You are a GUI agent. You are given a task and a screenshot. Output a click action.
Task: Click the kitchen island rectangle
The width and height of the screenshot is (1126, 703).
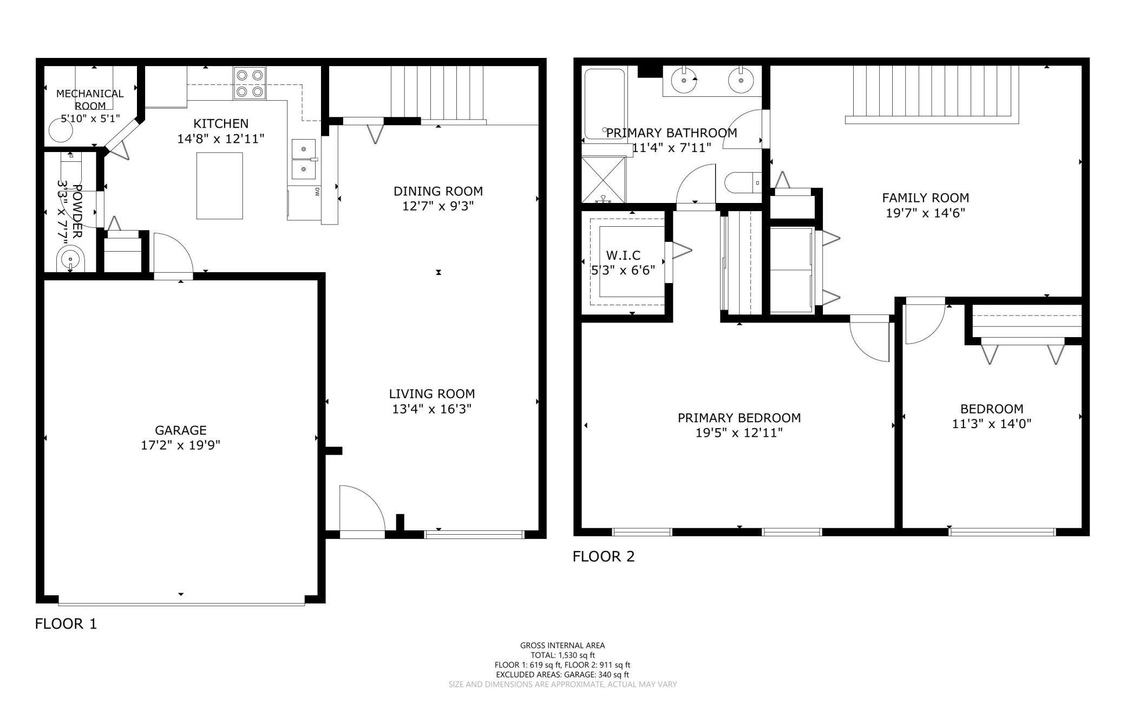pyautogui.click(x=219, y=186)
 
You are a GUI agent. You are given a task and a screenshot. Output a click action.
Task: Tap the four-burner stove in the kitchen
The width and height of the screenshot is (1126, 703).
pyautogui.click(x=250, y=83)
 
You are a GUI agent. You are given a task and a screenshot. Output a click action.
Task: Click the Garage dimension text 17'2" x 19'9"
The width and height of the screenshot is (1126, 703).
pyautogui.click(x=180, y=445)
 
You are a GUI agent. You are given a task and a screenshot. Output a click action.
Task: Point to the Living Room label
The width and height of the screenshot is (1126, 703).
pyautogui.click(x=431, y=394)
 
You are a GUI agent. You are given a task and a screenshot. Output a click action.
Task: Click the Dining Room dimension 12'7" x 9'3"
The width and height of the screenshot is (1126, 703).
pyautogui.click(x=438, y=206)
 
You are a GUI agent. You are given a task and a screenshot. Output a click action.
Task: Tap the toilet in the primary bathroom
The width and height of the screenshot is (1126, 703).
pyautogui.click(x=742, y=183)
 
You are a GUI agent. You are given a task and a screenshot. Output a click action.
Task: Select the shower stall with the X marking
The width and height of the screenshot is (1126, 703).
pyautogui.click(x=603, y=179)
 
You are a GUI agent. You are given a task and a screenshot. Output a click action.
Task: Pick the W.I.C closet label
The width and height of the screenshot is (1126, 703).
pyautogui.click(x=623, y=255)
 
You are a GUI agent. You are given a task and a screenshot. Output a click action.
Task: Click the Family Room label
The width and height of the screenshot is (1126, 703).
pyautogui.click(x=925, y=198)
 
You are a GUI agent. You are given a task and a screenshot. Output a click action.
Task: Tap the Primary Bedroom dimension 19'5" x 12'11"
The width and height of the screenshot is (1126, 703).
pyautogui.click(x=739, y=433)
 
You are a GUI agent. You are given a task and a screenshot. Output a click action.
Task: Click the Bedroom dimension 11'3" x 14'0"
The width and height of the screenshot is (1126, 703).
pyautogui.click(x=991, y=424)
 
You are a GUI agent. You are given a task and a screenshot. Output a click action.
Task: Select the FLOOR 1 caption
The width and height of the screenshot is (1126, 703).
pyautogui.click(x=66, y=624)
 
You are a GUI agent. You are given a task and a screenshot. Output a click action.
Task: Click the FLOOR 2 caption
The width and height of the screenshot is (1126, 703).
pyautogui.click(x=603, y=556)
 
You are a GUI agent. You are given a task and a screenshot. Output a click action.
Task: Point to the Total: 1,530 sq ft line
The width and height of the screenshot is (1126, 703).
pyautogui.click(x=562, y=655)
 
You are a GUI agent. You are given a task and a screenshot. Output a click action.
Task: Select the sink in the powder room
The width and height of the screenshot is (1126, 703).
pyautogui.click(x=70, y=261)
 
